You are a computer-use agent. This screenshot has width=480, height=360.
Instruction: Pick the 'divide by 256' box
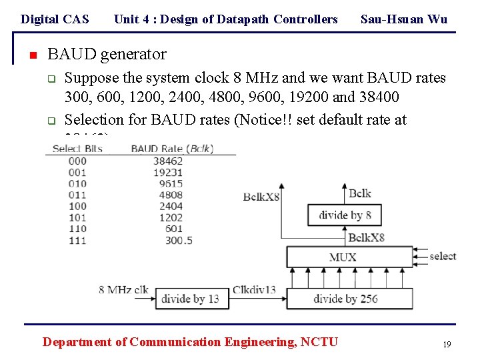point(349,298)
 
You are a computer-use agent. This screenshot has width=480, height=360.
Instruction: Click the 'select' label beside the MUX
point(443,256)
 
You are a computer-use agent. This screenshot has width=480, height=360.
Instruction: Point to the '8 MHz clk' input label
point(123,289)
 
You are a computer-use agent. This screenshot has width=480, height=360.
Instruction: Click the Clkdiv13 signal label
point(254,289)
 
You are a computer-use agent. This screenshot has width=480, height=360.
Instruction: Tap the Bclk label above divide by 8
point(360,193)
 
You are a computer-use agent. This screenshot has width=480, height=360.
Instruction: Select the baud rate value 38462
point(168,161)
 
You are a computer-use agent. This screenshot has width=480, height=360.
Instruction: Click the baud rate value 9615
point(170,183)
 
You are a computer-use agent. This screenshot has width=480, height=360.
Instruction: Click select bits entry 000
point(77,161)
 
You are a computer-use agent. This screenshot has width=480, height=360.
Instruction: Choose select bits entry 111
point(77,240)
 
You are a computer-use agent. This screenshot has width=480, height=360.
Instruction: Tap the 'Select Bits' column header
point(77,148)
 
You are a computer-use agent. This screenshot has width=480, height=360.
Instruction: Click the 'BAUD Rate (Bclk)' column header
point(172,148)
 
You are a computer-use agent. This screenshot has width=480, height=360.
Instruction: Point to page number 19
point(447,344)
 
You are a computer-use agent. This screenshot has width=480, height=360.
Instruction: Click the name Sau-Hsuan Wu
point(403,19)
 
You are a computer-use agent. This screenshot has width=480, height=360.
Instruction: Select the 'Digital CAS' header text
point(55,19)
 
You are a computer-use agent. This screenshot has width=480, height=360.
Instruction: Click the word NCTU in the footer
point(319,342)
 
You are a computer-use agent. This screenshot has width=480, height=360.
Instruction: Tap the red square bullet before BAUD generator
point(31,55)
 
